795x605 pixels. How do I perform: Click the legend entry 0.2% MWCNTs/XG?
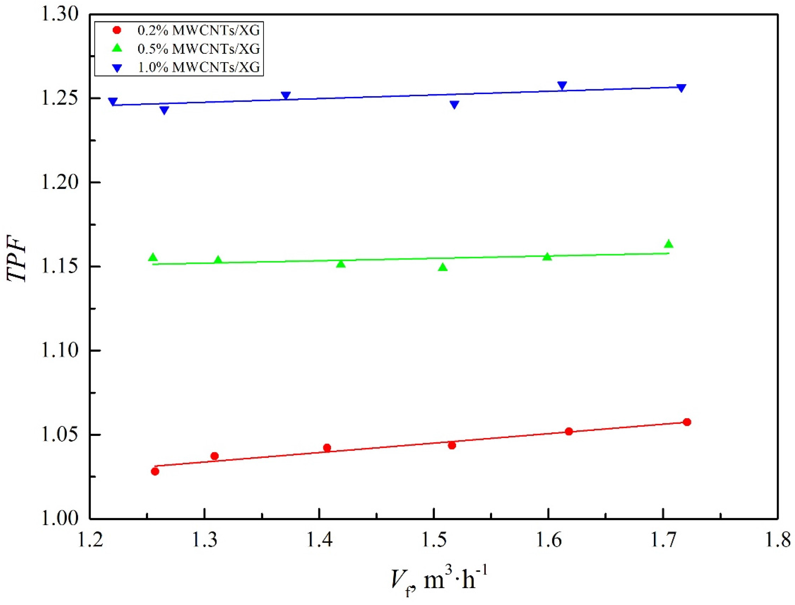click(x=198, y=31)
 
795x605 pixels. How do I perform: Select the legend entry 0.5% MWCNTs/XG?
click(x=198, y=49)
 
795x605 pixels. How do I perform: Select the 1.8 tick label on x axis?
click(x=777, y=541)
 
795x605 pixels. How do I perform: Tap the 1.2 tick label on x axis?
click(x=90, y=541)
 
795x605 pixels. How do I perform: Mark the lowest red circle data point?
click(x=155, y=471)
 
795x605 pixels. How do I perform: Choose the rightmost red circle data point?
click(x=687, y=422)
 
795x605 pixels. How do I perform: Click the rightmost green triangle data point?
click(x=668, y=244)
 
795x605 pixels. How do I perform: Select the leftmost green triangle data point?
click(x=153, y=257)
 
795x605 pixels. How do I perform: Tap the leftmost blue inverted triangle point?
click(x=113, y=102)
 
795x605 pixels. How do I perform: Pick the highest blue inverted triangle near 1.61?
click(x=562, y=86)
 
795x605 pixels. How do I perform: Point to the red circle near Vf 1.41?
click(x=327, y=448)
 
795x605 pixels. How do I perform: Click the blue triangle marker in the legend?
click(x=117, y=68)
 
